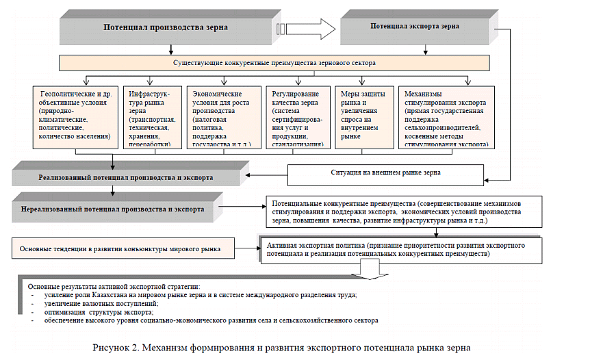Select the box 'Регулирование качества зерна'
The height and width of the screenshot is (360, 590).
(298, 117)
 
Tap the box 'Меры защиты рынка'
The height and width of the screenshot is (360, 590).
(363, 117)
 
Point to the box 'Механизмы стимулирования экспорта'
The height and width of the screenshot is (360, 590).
(446, 117)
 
